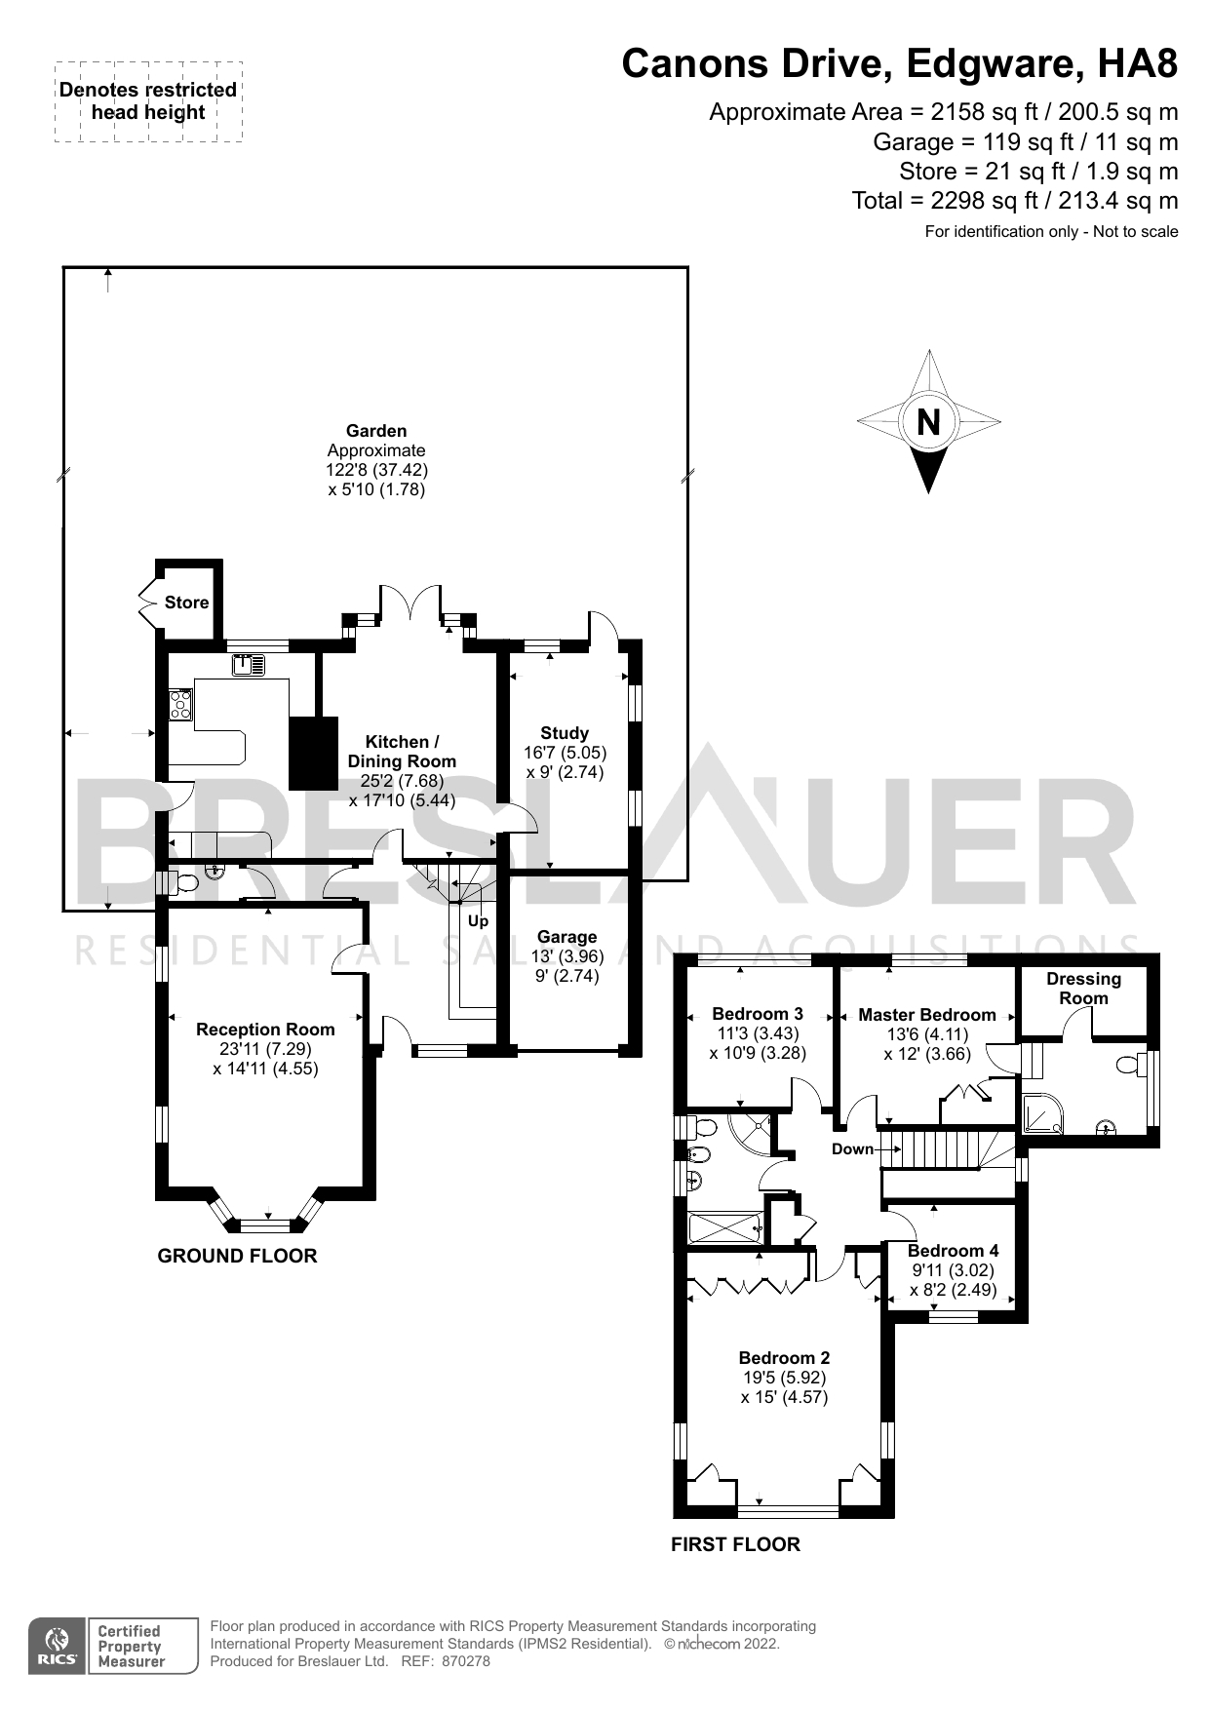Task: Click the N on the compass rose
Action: coord(928,422)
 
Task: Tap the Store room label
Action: coord(186,603)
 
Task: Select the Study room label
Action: coord(565,733)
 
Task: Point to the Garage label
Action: coord(566,937)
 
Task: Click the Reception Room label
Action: coord(265,1030)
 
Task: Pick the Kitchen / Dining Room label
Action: coord(402,752)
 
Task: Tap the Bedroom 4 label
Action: coord(953,1251)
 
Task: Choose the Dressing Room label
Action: coord(1083,989)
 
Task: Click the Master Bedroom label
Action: coord(927,1015)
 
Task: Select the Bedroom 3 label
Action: coord(758,1014)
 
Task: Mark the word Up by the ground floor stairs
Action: coord(478,921)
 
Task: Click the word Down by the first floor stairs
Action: coord(852,1149)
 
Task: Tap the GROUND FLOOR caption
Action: coord(237,1256)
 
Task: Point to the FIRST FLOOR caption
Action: coord(735,1544)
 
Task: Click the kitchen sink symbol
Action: coord(249,665)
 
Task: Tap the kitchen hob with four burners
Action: coord(180,704)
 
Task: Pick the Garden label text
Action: coord(376,431)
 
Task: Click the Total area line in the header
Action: coord(1014,201)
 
